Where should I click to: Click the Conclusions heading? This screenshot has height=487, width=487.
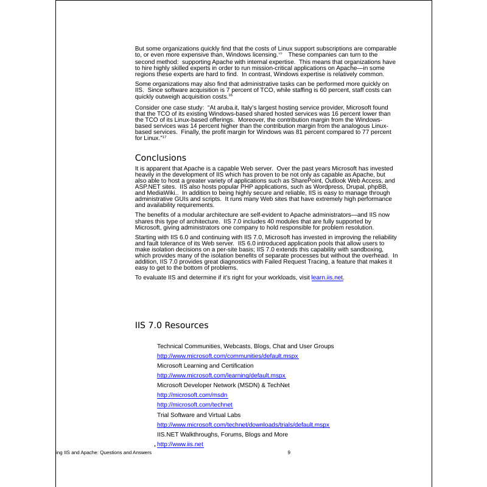click(x=160, y=158)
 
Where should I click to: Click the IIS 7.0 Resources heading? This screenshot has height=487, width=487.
click(x=171, y=326)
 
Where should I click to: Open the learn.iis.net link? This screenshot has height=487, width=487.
click(x=328, y=278)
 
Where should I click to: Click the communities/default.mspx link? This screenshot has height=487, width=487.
click(x=228, y=356)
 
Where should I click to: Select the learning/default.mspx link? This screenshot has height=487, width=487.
click(x=221, y=376)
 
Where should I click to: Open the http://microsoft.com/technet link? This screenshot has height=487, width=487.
click(x=195, y=405)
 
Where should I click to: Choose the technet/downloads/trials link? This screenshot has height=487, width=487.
click(x=243, y=424)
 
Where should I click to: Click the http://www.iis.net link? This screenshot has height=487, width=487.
click(x=180, y=444)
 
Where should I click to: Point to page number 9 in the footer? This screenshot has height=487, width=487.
click(x=289, y=453)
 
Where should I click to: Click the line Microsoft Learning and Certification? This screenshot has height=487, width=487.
click(x=205, y=366)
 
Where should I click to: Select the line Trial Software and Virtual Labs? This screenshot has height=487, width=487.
click(x=198, y=415)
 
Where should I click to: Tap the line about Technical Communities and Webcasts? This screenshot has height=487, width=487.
click(x=245, y=346)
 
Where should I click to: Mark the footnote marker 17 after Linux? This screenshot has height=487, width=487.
click(x=164, y=137)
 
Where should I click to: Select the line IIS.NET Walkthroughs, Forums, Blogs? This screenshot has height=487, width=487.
click(x=222, y=435)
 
